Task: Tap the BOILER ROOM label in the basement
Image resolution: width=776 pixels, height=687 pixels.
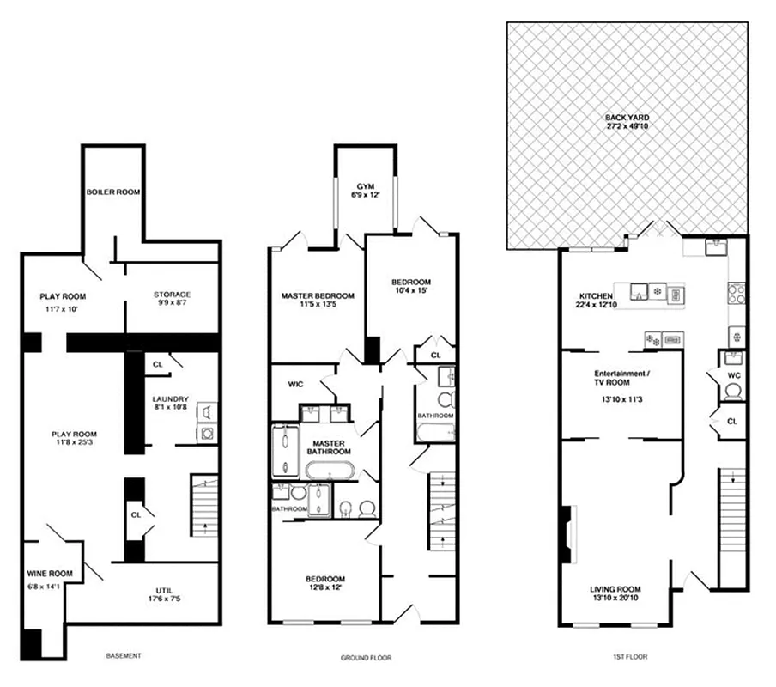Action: click(112, 192)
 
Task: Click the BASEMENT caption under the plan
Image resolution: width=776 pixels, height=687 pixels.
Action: click(123, 656)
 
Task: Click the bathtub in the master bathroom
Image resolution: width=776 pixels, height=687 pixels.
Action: click(329, 471)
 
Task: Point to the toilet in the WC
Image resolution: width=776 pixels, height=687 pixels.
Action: click(732, 392)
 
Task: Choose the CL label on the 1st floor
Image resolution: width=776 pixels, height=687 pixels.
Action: click(731, 422)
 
